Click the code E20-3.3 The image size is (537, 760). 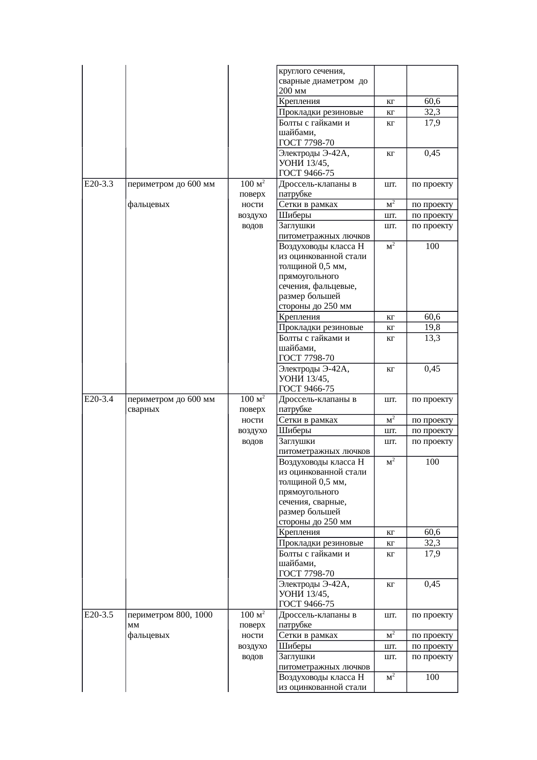pos(99,184)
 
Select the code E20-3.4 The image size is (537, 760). pos(99,399)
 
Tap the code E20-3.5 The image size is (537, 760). pos(99,615)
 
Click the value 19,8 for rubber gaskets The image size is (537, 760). pos(432,327)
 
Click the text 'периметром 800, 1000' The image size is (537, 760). pos(170,615)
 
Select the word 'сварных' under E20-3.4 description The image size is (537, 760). pos(144,409)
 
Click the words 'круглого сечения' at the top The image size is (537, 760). pos(311,71)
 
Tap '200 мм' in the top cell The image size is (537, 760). pos(292,91)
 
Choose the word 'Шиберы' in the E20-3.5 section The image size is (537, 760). pos(295,646)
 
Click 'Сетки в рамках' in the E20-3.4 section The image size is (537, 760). pos(308,420)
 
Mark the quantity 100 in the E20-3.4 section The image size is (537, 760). pos(432,462)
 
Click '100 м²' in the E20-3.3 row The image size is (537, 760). pos(252,184)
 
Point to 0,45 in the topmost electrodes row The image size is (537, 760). pos(432,153)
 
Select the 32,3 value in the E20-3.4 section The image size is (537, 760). pos(432,543)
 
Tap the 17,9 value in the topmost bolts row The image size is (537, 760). pos(432,123)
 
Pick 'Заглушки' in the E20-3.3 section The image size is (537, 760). pos(297,226)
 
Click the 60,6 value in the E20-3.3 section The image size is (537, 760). pos(432,317)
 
